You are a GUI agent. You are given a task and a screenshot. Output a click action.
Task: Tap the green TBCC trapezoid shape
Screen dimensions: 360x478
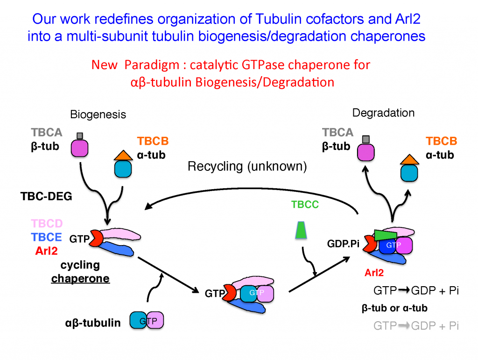click(302, 230)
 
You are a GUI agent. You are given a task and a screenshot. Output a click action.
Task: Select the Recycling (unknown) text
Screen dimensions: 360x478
click(247, 167)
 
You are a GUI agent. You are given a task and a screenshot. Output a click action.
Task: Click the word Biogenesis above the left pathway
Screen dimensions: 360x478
click(98, 114)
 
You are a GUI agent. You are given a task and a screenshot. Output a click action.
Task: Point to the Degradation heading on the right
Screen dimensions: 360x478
click(383, 113)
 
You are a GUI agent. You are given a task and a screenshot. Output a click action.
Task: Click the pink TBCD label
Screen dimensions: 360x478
click(46, 223)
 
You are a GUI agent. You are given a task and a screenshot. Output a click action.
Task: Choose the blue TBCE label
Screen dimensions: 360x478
click(46, 237)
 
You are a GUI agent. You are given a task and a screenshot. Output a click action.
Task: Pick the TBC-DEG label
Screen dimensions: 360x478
click(46, 197)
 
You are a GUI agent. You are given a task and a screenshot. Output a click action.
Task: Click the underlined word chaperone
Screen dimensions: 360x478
click(80, 279)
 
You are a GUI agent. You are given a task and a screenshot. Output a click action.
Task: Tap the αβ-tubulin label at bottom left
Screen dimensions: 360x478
click(92, 323)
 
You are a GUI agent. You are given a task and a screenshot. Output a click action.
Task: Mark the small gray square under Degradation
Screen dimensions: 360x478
click(366, 139)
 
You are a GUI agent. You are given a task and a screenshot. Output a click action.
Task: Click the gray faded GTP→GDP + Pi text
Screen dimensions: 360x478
click(416, 326)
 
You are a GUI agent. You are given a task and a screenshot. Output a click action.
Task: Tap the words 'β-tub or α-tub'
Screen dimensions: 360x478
click(394, 308)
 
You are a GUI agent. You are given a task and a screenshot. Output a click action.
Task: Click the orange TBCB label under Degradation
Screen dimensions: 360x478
click(441, 141)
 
